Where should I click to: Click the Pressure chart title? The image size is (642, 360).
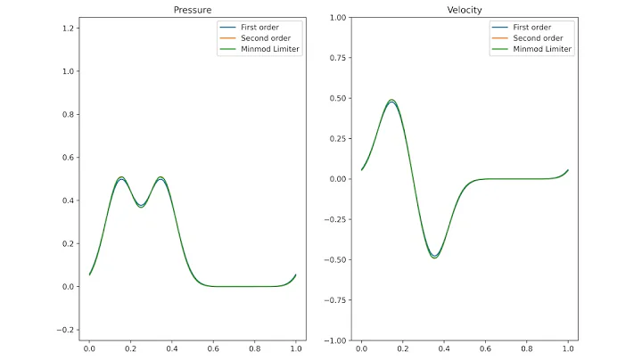(x=192, y=10)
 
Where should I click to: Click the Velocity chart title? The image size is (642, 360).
(x=465, y=10)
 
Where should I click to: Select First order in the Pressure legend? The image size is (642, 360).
(x=259, y=28)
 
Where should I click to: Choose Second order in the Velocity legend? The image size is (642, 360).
(x=537, y=38)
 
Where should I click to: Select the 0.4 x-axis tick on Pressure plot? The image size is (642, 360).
(x=172, y=351)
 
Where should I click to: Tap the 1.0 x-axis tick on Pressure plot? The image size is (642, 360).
(x=296, y=351)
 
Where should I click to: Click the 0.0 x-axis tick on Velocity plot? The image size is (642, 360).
(x=361, y=351)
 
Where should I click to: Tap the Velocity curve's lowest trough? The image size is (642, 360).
(x=434, y=258)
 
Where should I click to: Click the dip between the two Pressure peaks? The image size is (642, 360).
(x=141, y=206)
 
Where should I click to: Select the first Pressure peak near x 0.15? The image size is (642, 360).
(x=121, y=178)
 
